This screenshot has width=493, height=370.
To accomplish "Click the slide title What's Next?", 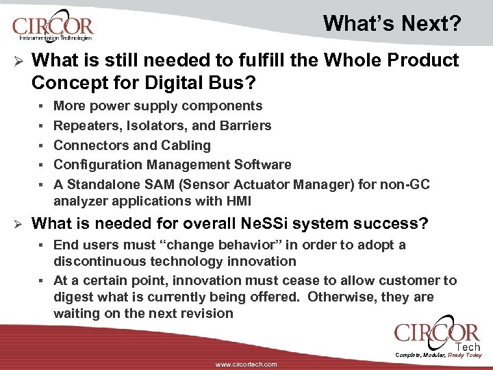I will [392, 23].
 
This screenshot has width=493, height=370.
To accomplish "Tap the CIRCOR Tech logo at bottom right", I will [436, 336].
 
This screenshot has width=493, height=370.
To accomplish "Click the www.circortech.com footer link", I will [246, 365].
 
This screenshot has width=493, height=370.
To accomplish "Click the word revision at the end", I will [203, 313].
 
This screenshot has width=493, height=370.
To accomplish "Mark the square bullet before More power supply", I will [42, 106].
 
